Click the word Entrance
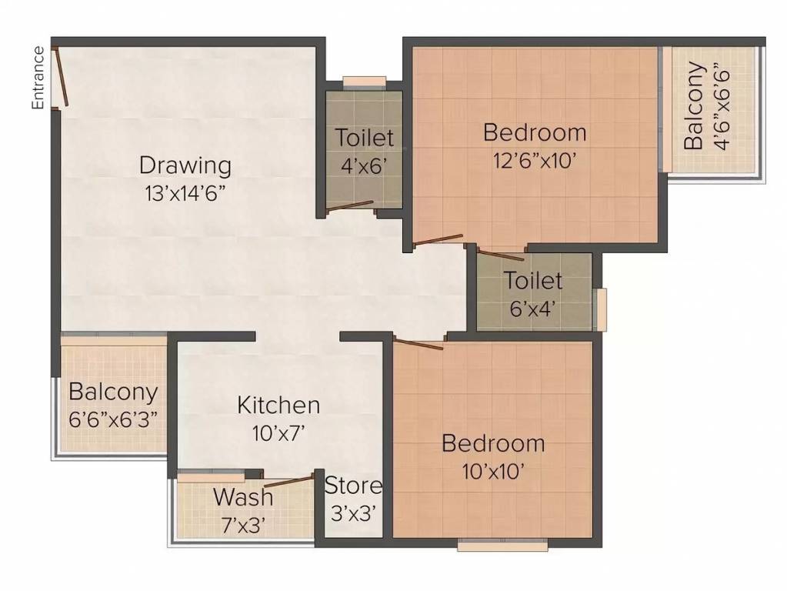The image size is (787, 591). pos(38,78)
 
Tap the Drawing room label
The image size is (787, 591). pos(185,165)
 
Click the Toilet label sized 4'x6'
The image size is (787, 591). pos(364,138)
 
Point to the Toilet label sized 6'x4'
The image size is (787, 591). pos(533,280)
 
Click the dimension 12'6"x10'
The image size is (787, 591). pos(535,160)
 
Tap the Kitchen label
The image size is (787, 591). pos(278,405)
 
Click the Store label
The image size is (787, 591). pos(353,486)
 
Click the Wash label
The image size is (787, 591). pos(243,496)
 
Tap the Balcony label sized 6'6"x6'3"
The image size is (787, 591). pos(113,392)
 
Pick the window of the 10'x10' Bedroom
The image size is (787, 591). pos(502,546)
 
